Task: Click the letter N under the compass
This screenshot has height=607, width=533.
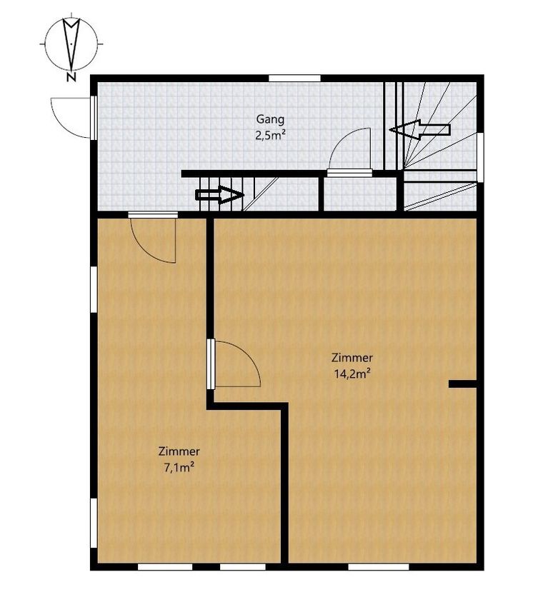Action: pyautogui.click(x=71, y=77)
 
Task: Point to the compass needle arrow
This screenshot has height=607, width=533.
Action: pyautogui.click(x=71, y=43)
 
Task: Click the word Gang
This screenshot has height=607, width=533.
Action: pyautogui.click(x=270, y=119)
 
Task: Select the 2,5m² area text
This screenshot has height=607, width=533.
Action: pyautogui.click(x=270, y=135)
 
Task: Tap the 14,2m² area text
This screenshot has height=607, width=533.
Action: pyautogui.click(x=352, y=373)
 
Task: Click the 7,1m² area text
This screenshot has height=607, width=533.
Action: pyautogui.click(x=179, y=468)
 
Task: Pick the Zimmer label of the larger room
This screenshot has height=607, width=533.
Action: pyautogui.click(x=352, y=358)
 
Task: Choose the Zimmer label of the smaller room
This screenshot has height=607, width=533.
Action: pyautogui.click(x=179, y=451)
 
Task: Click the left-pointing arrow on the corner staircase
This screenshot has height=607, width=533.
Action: pyautogui.click(x=420, y=130)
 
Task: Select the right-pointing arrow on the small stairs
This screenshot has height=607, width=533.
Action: pyautogui.click(x=219, y=195)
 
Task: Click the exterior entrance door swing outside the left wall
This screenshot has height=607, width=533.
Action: pyautogui.click(x=71, y=118)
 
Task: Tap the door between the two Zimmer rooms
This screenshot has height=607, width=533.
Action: pyautogui.click(x=234, y=364)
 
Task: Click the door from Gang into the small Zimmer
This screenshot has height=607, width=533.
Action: pyautogui.click(x=153, y=237)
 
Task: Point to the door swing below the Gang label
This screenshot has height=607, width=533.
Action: pyautogui.click(x=349, y=152)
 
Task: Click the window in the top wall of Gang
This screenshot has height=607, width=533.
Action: pyautogui.click(x=295, y=79)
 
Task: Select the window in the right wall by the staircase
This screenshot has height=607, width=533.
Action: pyautogui.click(x=480, y=157)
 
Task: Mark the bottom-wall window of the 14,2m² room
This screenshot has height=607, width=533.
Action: pyautogui.click(x=379, y=567)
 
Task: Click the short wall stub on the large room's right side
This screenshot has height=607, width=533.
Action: pyautogui.click(x=462, y=384)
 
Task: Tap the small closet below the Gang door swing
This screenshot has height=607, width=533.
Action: pyautogui.click(x=360, y=194)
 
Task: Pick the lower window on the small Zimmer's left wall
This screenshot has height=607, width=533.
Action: pyautogui.click(x=94, y=523)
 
